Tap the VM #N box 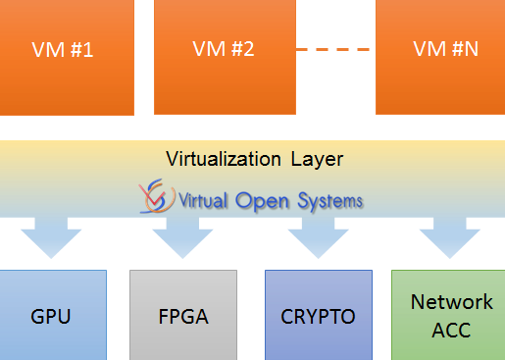pyautogui.click(x=439, y=57)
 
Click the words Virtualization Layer pyautogui.click(x=255, y=158)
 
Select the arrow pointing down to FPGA pyautogui.click(x=181, y=235)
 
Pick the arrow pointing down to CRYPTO pyautogui.click(x=317, y=235)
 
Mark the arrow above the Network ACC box pyautogui.click(x=448, y=235)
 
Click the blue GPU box pyautogui.click(x=53, y=314)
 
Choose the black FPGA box pyautogui.click(x=183, y=314)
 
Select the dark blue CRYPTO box pyautogui.click(x=319, y=314)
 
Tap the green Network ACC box pyautogui.click(x=448, y=314)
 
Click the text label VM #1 pyautogui.click(x=64, y=50)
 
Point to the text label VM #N pyautogui.click(x=446, y=48)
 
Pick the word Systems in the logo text pyautogui.click(x=329, y=201)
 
